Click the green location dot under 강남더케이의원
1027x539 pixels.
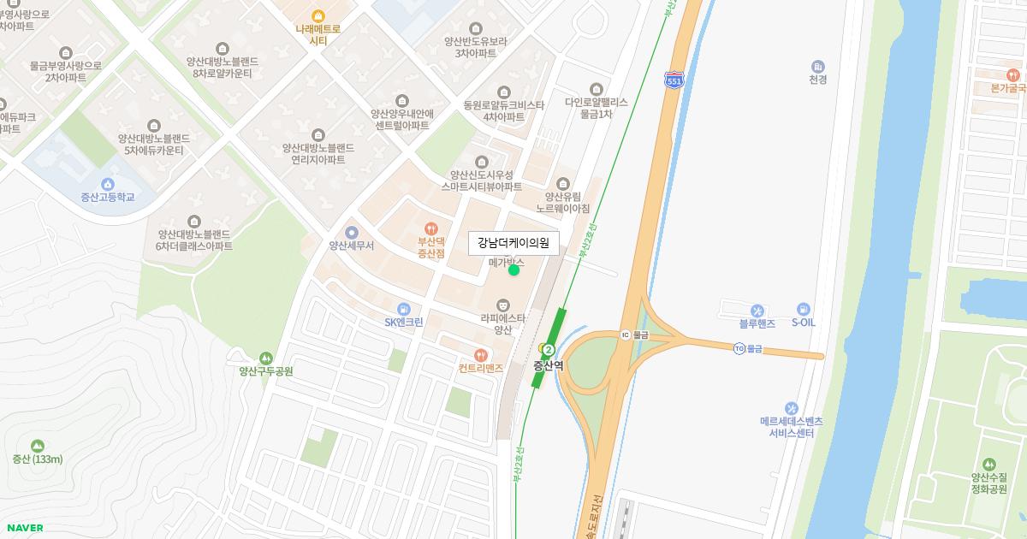pos(513,270)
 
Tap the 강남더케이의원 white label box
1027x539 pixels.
pos(513,243)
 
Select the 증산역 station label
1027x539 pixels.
pos(549,365)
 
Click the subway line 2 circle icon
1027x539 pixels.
pos(549,350)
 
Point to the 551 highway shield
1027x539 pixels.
pos(674,80)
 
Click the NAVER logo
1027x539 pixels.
pos(24,528)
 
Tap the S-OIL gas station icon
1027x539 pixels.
pos(803,309)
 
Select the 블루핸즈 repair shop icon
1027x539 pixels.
pos(757,310)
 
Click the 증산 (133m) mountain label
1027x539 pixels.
pos(37,459)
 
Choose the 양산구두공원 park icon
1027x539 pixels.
pos(265,357)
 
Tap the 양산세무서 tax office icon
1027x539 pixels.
pos(351,232)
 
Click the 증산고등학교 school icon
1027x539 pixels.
pos(108,184)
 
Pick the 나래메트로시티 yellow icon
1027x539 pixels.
pos(318,15)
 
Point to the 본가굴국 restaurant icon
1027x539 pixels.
pos(1014,74)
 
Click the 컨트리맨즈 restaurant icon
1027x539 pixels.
pos(480,354)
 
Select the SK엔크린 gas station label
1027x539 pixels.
pos(404,323)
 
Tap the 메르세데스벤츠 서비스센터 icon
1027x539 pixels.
pos(791,407)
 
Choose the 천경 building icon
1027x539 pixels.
pos(817,66)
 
